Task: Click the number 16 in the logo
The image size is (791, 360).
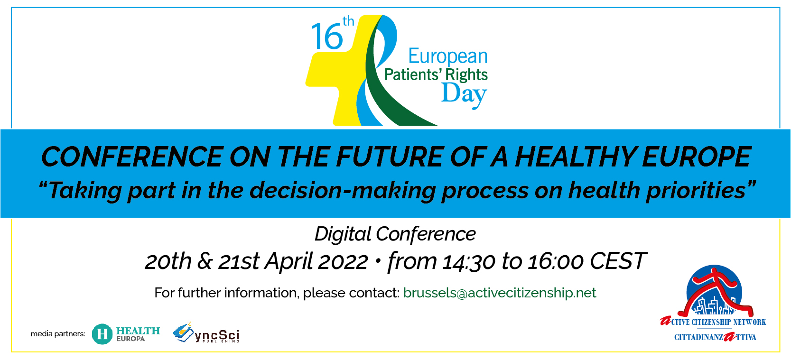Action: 327,37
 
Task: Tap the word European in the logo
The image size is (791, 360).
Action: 448,56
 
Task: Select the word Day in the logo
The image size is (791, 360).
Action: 465,94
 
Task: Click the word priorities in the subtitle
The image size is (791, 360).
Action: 696,191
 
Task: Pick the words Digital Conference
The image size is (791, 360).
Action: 395,234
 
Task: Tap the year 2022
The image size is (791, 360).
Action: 343,261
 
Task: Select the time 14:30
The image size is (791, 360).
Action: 469,262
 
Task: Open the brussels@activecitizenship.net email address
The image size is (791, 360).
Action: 500,293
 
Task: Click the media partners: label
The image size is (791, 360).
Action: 58,334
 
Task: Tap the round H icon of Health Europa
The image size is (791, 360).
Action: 102,334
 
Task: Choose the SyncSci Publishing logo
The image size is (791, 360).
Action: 206,333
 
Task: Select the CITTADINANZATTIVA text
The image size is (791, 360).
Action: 716,337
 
